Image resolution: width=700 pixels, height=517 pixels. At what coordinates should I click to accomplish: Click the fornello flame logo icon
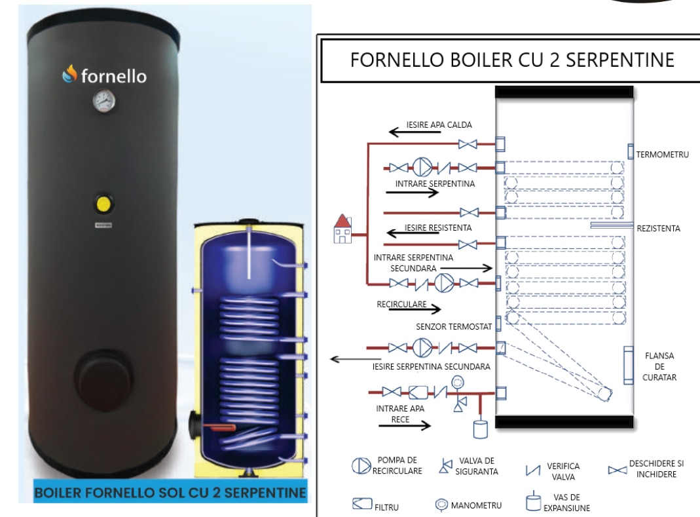click(69, 74)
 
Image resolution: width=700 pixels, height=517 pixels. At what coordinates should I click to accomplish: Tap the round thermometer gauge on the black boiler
click(104, 101)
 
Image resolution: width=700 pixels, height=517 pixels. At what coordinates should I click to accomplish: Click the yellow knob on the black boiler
click(103, 204)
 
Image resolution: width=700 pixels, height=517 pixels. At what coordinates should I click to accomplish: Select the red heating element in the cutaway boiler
click(220, 428)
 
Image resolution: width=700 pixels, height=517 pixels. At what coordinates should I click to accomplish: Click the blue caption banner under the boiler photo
click(170, 492)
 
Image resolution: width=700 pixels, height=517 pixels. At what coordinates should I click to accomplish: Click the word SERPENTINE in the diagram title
click(620, 60)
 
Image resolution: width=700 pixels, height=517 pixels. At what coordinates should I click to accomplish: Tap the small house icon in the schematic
click(343, 228)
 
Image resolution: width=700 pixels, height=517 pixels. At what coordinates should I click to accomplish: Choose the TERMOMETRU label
click(662, 155)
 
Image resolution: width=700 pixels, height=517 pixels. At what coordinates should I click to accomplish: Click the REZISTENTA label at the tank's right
click(659, 228)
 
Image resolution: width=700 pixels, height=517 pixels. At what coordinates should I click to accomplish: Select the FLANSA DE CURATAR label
click(659, 366)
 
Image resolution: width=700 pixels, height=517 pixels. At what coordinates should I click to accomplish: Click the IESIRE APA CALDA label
click(439, 124)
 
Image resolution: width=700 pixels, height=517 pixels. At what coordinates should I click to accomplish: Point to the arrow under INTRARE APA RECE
click(405, 425)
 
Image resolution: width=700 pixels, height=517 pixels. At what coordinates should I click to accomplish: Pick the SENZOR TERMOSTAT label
click(454, 326)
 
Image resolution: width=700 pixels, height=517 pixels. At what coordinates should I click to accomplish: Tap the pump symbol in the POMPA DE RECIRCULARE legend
click(361, 466)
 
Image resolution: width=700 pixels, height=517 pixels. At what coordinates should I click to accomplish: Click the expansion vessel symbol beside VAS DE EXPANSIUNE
click(533, 502)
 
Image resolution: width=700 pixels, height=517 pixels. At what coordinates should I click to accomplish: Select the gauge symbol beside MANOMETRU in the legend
click(441, 505)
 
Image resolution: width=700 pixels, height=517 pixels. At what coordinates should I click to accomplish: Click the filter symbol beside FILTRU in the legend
click(362, 504)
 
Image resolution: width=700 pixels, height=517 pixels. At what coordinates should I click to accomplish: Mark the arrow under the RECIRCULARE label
click(414, 309)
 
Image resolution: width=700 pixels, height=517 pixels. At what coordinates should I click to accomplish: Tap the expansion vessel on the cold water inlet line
click(481, 427)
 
